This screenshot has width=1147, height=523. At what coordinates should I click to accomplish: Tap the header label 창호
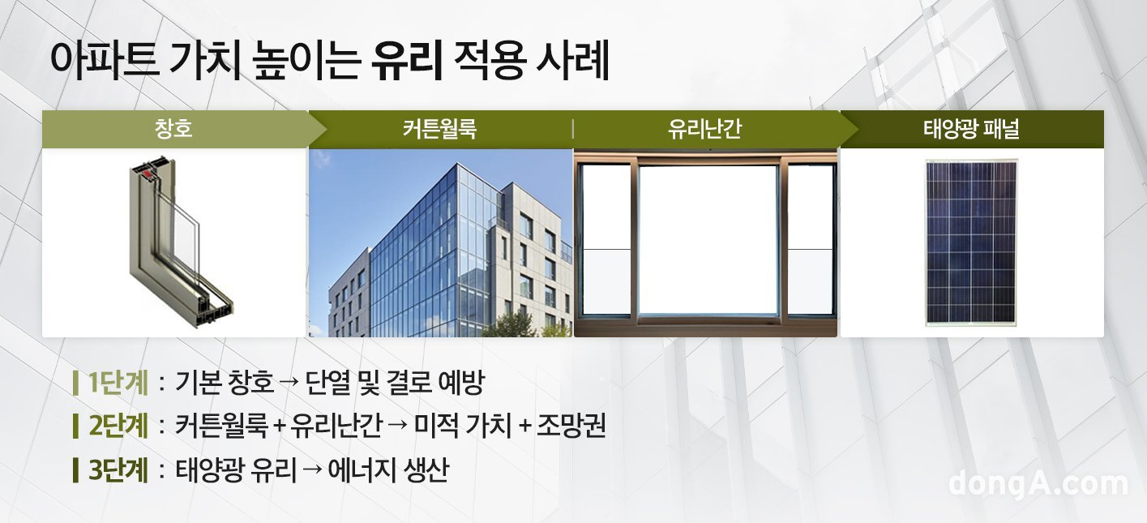pyautogui.click(x=173, y=128)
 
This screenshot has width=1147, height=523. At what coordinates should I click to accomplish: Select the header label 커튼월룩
pyautogui.click(x=439, y=129)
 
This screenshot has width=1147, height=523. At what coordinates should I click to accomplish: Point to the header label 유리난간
pyautogui.click(x=704, y=129)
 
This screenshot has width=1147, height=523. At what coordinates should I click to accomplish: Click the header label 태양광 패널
pyautogui.click(x=971, y=129)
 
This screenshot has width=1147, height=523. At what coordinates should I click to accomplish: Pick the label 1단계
pyautogui.click(x=118, y=382)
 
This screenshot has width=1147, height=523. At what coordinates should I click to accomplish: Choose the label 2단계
pyautogui.click(x=118, y=426)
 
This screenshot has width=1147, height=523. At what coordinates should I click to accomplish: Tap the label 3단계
pyautogui.click(x=118, y=469)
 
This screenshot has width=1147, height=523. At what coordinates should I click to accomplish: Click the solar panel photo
pyautogui.click(x=971, y=242)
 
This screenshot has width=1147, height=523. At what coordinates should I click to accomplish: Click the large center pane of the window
pyautogui.click(x=708, y=239)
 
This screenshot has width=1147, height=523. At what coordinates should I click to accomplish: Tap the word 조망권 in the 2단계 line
pyautogui.click(x=571, y=426)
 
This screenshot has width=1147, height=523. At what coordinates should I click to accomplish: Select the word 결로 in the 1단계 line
pyautogui.click(x=406, y=382)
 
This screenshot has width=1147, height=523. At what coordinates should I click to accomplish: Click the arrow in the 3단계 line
pyautogui.click(x=313, y=470)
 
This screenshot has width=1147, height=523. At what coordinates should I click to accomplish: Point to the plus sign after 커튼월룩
pyautogui.click(x=279, y=427)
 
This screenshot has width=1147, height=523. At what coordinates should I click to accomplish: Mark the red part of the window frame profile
pyautogui.click(x=148, y=174)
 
